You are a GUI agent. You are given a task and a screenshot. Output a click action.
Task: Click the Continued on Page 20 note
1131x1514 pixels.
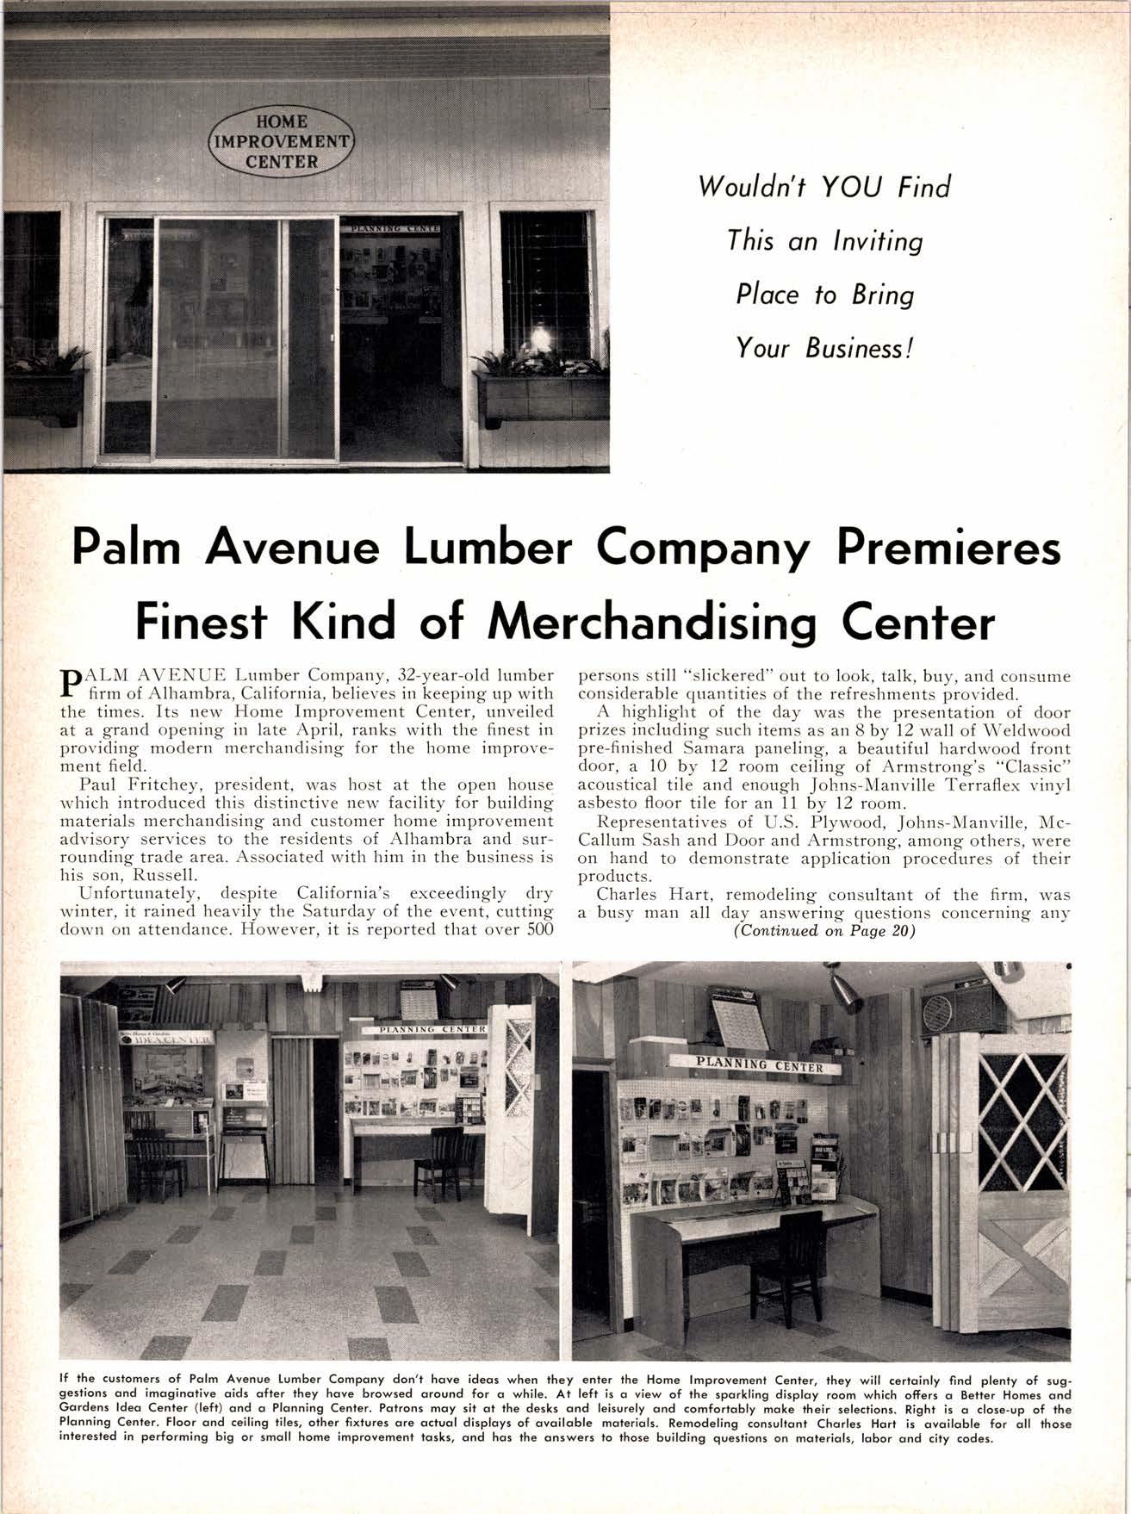(823, 931)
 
